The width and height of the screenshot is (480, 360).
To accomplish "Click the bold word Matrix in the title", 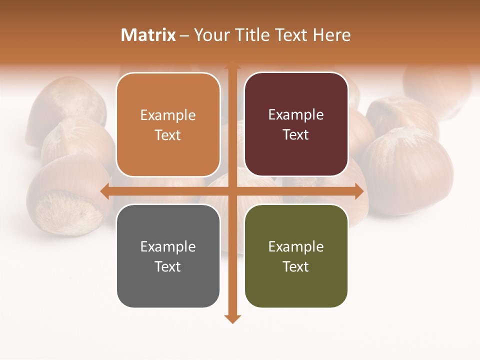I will click(x=148, y=35).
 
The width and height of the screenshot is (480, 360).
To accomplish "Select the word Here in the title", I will click(x=331, y=35).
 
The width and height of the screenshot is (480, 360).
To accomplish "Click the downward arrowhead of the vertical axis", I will click(x=232, y=318).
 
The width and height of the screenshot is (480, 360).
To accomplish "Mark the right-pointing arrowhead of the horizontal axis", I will click(x=358, y=191).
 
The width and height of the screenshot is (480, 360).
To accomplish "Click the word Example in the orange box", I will click(x=168, y=115).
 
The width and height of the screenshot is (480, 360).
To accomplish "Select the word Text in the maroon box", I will click(x=296, y=135).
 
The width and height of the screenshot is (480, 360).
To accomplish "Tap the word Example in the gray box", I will click(x=168, y=246).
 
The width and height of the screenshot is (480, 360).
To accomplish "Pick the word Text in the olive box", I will click(x=296, y=266).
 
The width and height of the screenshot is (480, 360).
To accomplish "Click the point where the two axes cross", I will click(x=232, y=191).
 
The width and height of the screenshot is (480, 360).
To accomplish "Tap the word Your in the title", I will click(x=210, y=35).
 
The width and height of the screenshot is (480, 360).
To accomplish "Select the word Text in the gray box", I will click(x=168, y=266).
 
